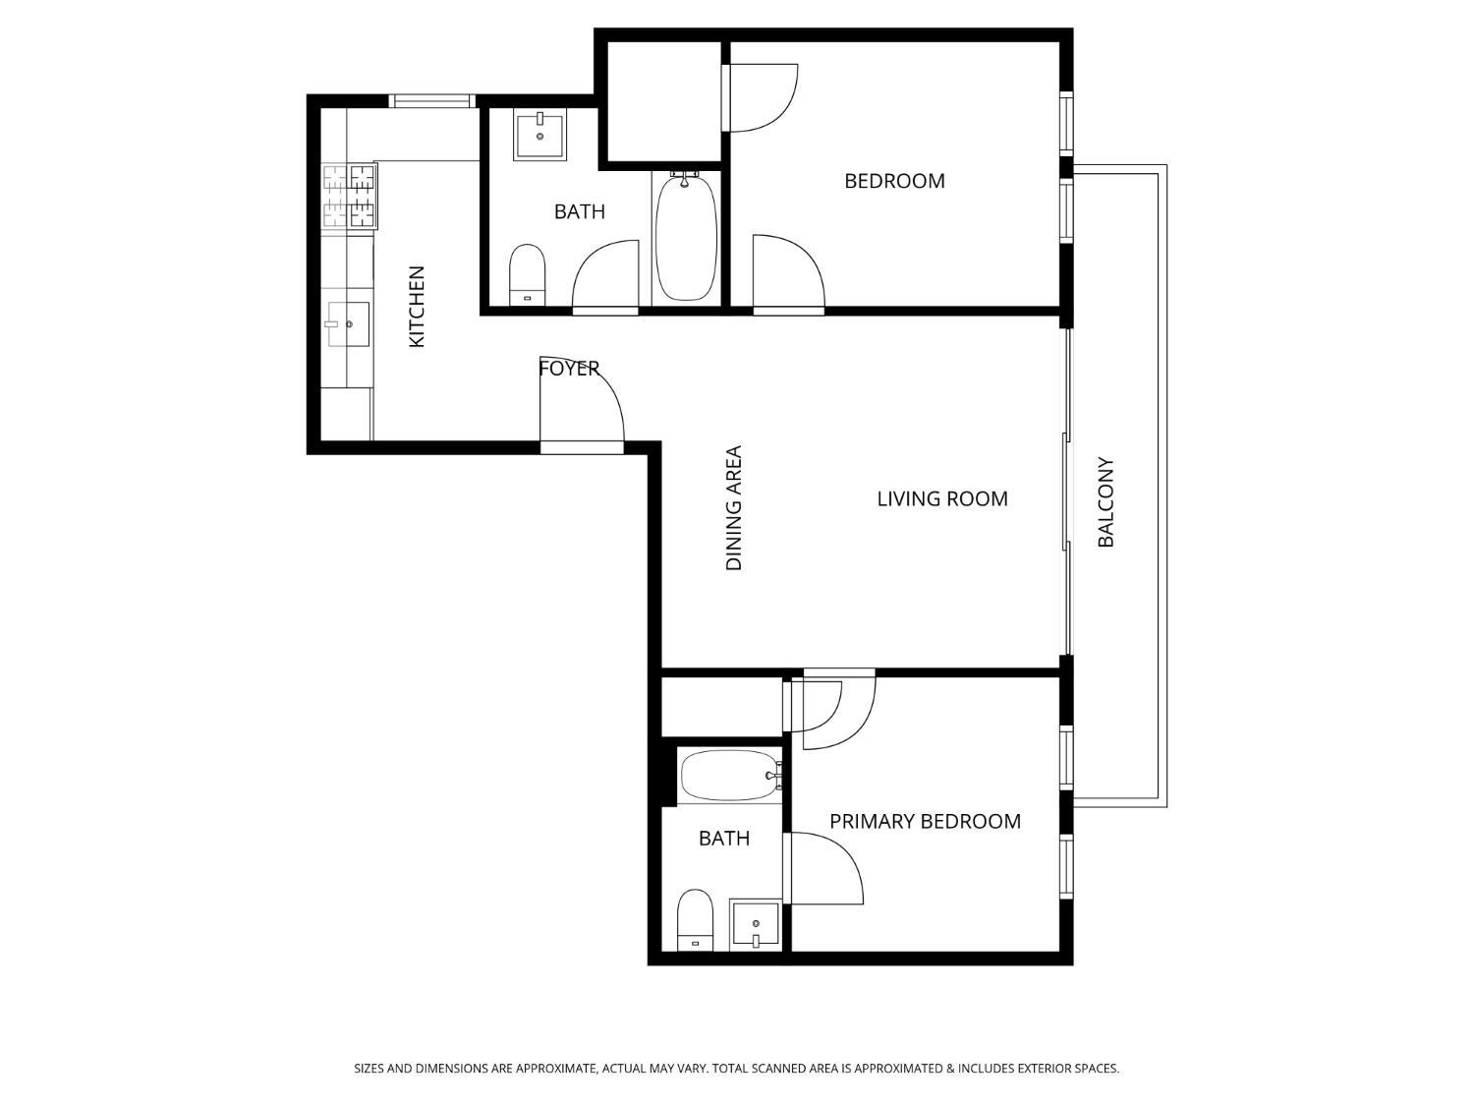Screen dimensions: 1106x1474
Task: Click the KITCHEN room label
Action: click(x=417, y=306)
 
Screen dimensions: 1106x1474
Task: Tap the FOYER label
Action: click(x=569, y=369)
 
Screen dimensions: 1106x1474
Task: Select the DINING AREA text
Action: click(x=734, y=508)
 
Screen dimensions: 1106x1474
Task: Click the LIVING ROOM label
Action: click(x=941, y=498)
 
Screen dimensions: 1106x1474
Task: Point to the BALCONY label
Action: click(x=1105, y=501)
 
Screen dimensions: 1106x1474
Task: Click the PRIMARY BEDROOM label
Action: click(x=925, y=821)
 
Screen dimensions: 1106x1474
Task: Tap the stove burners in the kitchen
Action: click(x=350, y=196)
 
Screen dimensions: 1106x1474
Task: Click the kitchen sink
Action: click(x=347, y=324)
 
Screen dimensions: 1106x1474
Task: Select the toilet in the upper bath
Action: click(x=527, y=275)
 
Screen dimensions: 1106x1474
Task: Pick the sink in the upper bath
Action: click(x=539, y=136)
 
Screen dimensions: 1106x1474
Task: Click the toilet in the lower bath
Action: click(x=695, y=918)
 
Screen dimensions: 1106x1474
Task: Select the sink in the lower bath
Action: click(x=755, y=924)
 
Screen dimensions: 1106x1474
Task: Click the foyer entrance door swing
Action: click(x=580, y=403)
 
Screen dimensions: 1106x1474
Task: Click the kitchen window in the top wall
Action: click(x=432, y=100)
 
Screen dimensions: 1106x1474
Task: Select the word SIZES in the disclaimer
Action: click(x=369, y=1068)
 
